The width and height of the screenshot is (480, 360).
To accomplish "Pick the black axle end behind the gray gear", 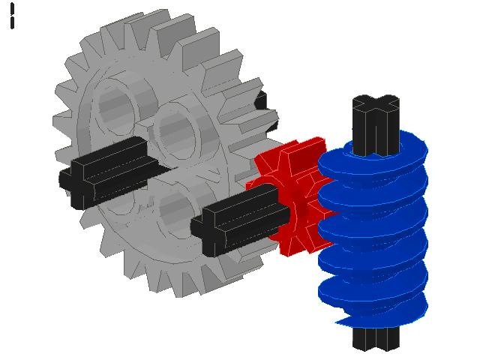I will pyautogui.click(x=260, y=101).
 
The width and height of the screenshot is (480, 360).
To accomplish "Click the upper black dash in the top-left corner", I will pyautogui.click(x=13, y=8).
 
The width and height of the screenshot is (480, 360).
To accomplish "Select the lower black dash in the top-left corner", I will pyautogui.click(x=13, y=22).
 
